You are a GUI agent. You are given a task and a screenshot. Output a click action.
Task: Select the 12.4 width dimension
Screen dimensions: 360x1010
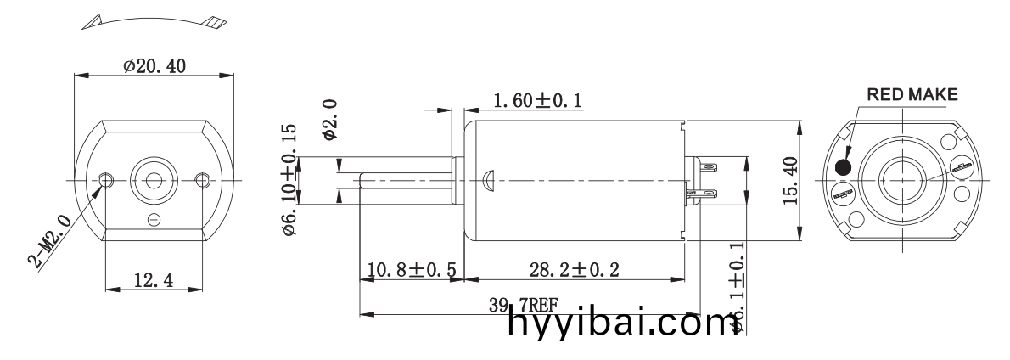(x=154, y=281)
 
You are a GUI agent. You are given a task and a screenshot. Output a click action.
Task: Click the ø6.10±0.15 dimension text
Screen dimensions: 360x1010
(x=289, y=176)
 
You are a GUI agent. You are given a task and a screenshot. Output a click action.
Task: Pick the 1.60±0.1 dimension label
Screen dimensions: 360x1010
(x=536, y=101)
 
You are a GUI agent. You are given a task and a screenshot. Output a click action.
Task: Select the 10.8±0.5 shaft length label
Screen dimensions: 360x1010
(x=412, y=270)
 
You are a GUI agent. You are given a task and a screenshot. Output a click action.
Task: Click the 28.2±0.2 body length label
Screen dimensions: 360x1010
(x=574, y=270)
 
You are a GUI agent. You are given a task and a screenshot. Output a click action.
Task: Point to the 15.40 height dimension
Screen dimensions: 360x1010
(x=790, y=180)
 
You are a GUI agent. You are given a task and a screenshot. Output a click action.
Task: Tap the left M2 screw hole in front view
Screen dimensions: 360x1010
(x=106, y=180)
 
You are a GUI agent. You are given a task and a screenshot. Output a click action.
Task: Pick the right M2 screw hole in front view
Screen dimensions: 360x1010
(x=202, y=180)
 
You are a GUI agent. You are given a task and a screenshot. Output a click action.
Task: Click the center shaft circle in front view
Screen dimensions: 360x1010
(x=154, y=180)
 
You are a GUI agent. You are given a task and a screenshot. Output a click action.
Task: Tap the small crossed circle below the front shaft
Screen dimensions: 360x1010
(x=154, y=220)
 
